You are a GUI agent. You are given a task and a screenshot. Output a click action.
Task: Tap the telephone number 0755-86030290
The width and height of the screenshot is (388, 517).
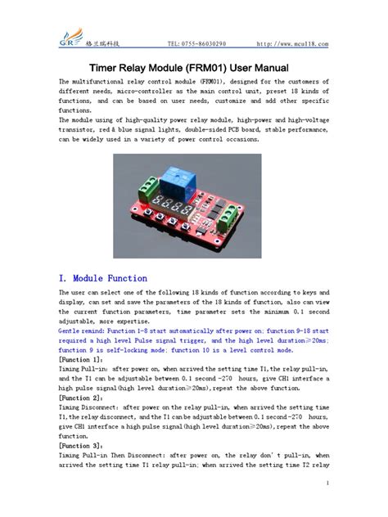204,43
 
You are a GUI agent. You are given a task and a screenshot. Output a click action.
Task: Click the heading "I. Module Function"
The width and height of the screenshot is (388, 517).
103,278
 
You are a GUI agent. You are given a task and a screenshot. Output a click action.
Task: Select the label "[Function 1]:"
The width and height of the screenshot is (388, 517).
81,360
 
